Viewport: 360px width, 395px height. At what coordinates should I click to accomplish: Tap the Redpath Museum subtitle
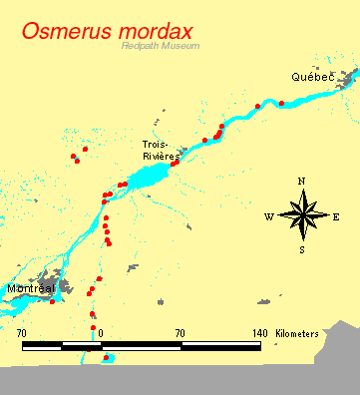160,46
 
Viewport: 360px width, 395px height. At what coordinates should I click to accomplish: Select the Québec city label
313,77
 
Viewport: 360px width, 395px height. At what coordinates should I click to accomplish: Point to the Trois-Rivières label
160,151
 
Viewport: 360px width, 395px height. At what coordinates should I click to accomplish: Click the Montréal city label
30,288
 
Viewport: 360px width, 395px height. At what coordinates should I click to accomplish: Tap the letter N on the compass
302,181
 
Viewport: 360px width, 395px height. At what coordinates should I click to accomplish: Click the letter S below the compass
302,249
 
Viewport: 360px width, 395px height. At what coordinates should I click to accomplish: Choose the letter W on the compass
269,216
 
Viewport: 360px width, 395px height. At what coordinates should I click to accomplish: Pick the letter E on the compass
336,216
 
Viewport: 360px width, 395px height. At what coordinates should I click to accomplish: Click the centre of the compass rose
302,214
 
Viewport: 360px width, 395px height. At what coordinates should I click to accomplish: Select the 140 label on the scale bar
259,332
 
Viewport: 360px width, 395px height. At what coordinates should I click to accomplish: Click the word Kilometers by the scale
298,332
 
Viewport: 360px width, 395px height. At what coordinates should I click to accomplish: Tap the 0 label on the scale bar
101,332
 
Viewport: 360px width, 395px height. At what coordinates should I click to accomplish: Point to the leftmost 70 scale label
22,332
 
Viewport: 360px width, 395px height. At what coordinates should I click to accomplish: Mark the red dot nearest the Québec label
281,103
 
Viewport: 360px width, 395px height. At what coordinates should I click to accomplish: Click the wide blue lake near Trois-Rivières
150,179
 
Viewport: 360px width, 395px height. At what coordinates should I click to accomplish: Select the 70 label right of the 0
180,332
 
